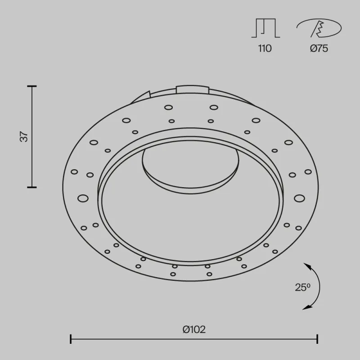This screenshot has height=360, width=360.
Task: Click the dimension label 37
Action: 25,136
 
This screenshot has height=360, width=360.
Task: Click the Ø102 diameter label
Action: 194,329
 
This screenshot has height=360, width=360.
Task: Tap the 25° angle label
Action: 302,287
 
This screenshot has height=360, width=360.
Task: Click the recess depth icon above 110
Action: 265,28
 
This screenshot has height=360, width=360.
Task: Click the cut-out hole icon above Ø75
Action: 319,29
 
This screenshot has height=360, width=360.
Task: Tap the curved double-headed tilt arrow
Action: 317,286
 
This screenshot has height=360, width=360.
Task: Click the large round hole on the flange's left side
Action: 82,198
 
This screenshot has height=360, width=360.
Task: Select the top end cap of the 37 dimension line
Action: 31,86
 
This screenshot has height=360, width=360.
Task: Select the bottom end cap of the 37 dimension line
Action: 31,187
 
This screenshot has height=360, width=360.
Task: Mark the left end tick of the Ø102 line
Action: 71,339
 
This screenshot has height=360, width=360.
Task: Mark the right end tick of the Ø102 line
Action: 318,339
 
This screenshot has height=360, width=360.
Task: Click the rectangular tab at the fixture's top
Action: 193,89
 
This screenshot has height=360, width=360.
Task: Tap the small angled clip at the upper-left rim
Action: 143,97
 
